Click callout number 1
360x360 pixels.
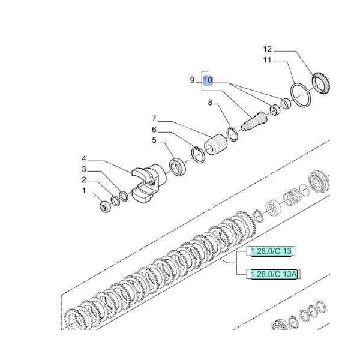click(x=85, y=191)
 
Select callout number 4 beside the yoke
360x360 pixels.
click(x=85, y=159)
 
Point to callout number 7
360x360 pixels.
click(x=154, y=118)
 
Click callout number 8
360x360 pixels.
click(x=211, y=103)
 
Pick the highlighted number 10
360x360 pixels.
click(x=208, y=80)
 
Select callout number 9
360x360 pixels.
click(x=193, y=80)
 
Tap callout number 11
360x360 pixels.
click(x=267, y=61)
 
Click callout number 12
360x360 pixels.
click(x=267, y=49)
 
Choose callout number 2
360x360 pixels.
click(x=85, y=180)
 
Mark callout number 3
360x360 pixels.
click(x=85, y=170)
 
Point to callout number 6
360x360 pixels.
click(x=154, y=129)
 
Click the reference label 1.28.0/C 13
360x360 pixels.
click(x=270, y=251)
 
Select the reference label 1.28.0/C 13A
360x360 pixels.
click(x=272, y=275)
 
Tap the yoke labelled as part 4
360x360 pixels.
click(x=147, y=183)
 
